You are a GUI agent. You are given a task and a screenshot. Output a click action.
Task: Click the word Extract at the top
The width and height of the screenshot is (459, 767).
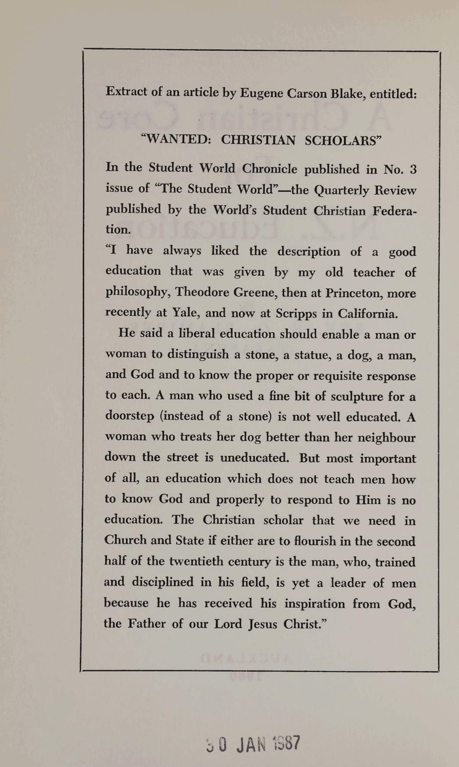[x=126, y=91]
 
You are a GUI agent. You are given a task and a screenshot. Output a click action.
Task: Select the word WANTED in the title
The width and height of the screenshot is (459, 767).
[x=176, y=139]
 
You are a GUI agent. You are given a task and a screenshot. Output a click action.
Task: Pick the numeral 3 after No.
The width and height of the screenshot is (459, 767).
[x=413, y=169]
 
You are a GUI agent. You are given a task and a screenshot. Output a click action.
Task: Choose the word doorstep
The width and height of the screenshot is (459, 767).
[x=129, y=415]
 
